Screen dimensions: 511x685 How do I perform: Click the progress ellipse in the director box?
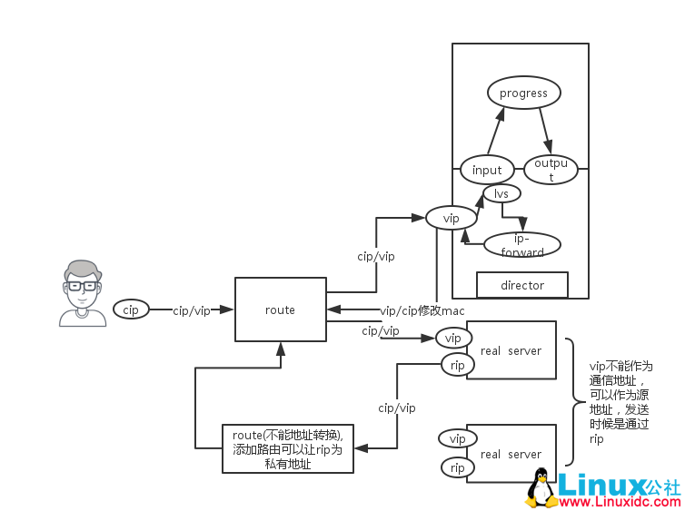[523, 93]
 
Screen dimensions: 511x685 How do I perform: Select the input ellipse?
[487, 170]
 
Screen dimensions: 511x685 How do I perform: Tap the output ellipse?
[551, 170]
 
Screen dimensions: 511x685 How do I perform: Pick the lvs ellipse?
[501, 193]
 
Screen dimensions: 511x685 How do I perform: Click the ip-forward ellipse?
[522, 245]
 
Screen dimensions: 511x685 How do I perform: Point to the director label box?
[522, 285]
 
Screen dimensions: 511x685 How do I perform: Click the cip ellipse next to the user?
[131, 310]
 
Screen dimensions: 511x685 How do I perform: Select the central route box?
[280, 310]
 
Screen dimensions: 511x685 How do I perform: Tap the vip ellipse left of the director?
[451, 218]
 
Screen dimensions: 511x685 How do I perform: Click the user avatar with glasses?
[83, 292]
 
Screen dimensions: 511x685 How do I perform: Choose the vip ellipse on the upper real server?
[453, 338]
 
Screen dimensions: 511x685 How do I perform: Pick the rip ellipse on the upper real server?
[457, 365]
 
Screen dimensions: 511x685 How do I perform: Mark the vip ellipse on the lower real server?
[457, 438]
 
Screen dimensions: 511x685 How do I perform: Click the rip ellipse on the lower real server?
[457, 467]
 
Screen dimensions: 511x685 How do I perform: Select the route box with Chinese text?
[288, 449]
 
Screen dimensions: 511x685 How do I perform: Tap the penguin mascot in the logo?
[541, 488]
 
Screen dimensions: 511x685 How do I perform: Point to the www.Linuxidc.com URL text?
[619, 501]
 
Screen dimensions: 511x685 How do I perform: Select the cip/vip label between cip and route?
[192, 310]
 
